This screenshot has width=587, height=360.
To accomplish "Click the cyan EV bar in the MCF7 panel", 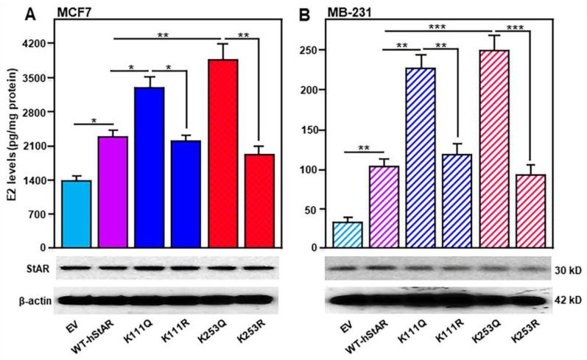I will point(77,214).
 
